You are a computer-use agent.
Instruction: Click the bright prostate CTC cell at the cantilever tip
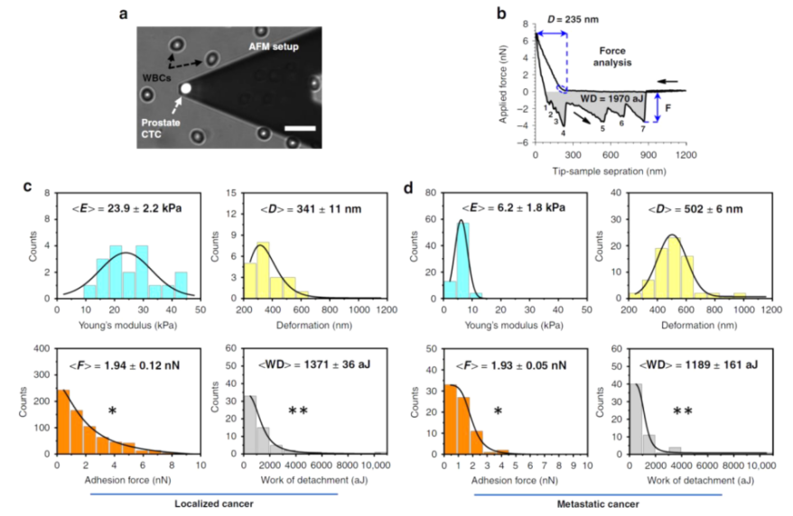[x=186, y=88]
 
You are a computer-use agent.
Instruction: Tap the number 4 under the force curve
[x=564, y=134]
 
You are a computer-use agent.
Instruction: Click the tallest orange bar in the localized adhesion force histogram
[x=64, y=422]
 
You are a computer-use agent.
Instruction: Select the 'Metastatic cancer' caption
[x=596, y=502]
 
